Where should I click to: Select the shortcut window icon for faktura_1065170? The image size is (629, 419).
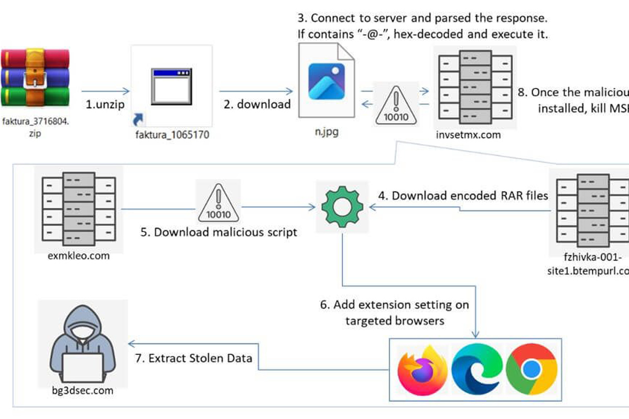pos(170,85)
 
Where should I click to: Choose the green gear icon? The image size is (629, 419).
pos(342,206)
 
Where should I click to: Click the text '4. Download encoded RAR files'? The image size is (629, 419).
pos(463,196)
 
